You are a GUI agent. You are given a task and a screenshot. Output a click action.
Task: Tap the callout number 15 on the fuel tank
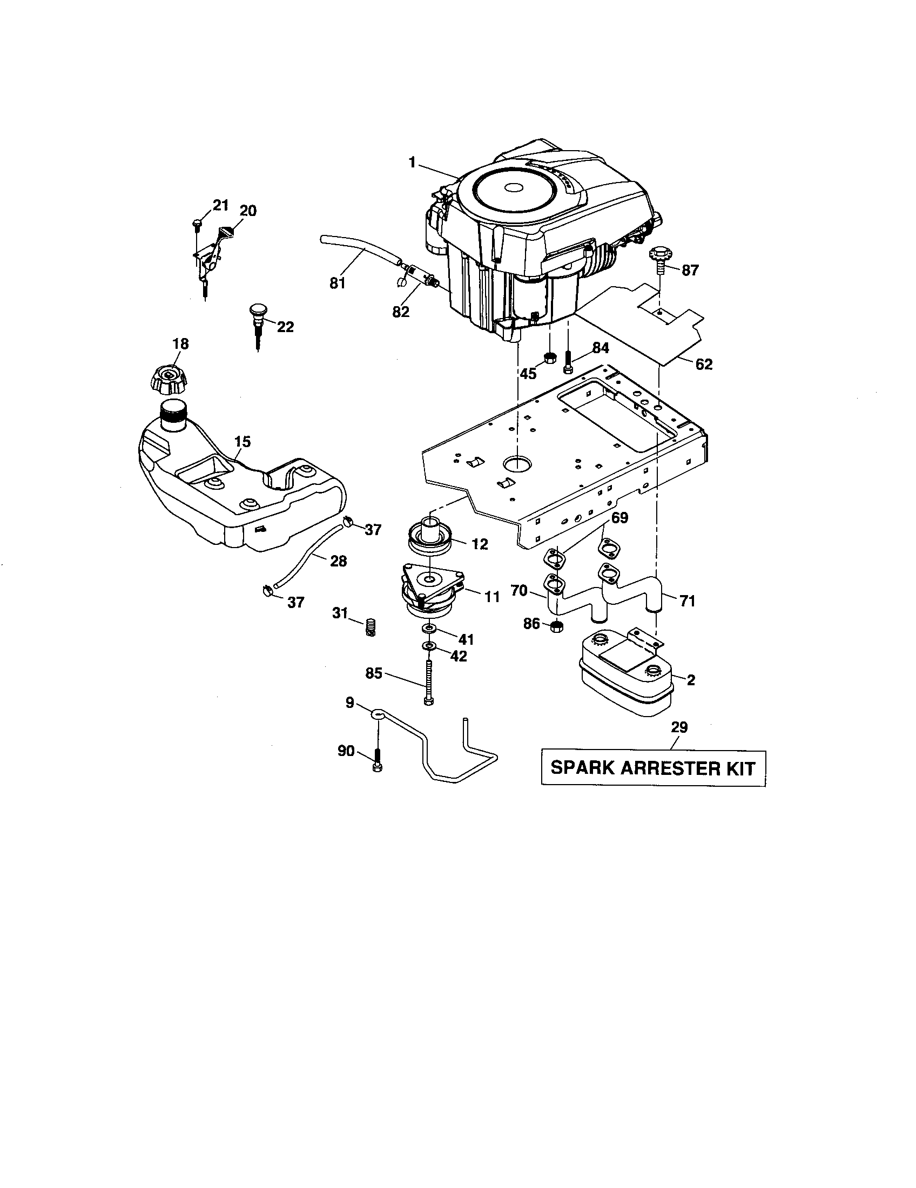(x=243, y=442)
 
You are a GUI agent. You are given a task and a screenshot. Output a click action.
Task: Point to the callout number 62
(x=703, y=364)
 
